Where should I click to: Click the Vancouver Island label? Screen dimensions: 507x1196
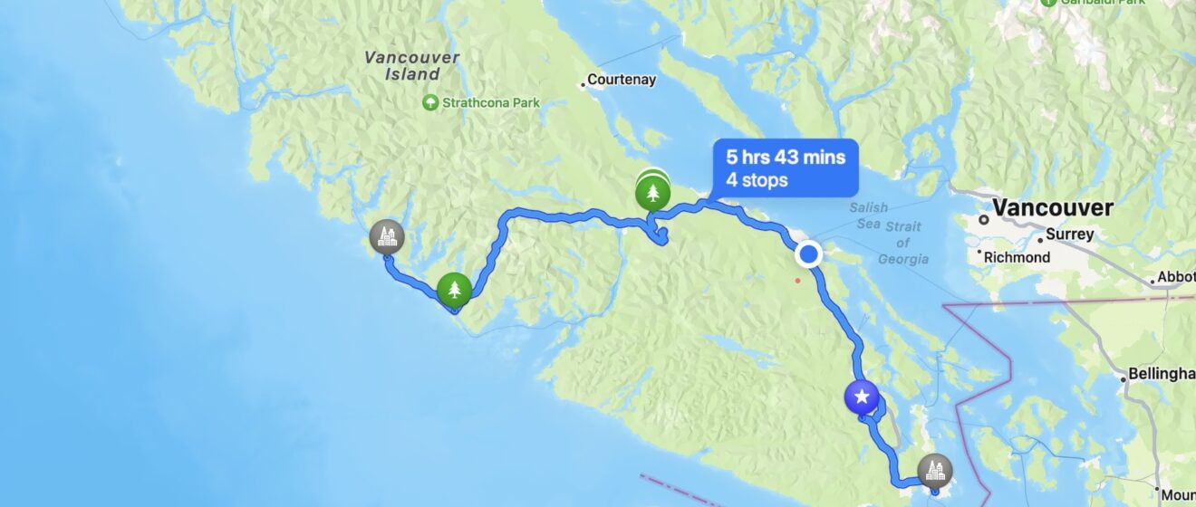pyautogui.click(x=412, y=65)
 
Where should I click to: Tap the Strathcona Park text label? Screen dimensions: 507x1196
pyautogui.click(x=490, y=103)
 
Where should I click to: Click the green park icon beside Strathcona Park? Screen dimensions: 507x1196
pyautogui.click(x=431, y=102)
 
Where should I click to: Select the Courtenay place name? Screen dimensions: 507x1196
pyautogui.click(x=622, y=80)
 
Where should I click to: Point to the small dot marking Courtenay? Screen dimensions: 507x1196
pyautogui.click(x=583, y=86)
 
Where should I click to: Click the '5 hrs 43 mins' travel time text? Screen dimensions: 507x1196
pyautogui.click(x=785, y=157)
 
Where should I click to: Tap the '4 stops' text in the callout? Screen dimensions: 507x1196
pyautogui.click(x=756, y=180)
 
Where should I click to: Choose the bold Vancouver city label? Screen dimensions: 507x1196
pyautogui.click(x=1052, y=207)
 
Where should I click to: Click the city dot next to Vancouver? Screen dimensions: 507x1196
pyautogui.click(x=982, y=219)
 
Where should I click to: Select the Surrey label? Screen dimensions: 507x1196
pyautogui.click(x=1071, y=234)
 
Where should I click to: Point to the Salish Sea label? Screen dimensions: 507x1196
pyautogui.click(x=869, y=215)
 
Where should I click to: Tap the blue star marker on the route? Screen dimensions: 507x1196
pyautogui.click(x=862, y=397)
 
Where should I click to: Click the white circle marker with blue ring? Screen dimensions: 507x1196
pyautogui.click(x=808, y=255)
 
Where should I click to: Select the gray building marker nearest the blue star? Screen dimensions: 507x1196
pyautogui.click(x=935, y=470)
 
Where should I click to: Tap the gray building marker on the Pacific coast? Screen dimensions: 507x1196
pyautogui.click(x=387, y=238)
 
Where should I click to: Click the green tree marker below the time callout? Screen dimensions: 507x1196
pyautogui.click(x=651, y=191)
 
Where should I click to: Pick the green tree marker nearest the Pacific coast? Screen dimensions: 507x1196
pyautogui.click(x=454, y=290)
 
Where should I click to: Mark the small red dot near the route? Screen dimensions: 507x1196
pyautogui.click(x=797, y=280)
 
